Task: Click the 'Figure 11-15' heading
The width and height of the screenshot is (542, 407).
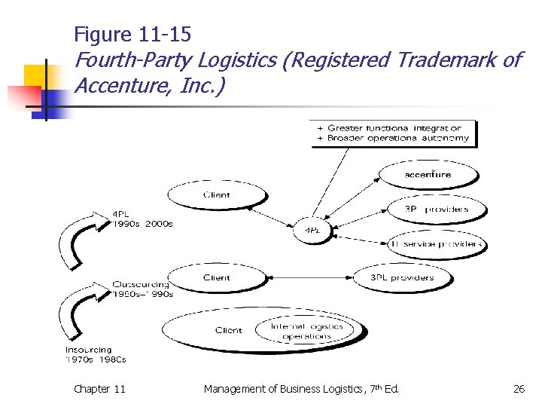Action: (x=132, y=34)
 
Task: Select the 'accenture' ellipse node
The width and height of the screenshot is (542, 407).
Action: (x=428, y=175)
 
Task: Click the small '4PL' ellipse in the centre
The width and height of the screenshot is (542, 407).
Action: (x=310, y=229)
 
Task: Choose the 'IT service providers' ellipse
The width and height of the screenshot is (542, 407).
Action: (x=436, y=244)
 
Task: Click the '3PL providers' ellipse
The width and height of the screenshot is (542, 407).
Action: (x=402, y=278)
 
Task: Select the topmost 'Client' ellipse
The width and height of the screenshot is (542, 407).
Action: (x=217, y=196)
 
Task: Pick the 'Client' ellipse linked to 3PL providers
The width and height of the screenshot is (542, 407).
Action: (x=217, y=278)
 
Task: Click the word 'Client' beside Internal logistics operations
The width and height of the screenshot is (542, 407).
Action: (x=228, y=330)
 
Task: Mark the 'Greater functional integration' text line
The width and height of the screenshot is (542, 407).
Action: (x=394, y=128)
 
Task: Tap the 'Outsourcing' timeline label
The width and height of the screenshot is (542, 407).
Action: (x=141, y=284)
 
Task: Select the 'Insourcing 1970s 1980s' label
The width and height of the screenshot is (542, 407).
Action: (x=96, y=354)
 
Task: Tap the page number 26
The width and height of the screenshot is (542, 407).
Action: (x=519, y=389)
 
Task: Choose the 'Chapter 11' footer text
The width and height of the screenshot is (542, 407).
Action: (x=100, y=389)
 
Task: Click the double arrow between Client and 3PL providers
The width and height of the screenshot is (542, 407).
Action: (x=309, y=278)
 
